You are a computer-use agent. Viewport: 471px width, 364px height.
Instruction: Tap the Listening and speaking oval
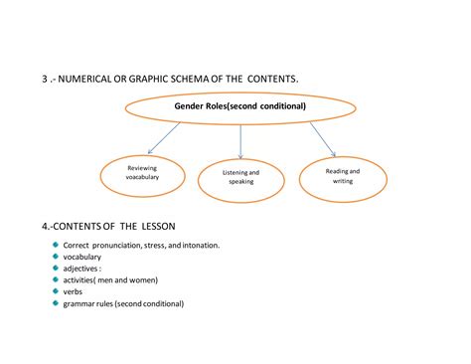[x=241, y=177]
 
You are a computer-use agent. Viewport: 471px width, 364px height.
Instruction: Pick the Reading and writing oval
[x=343, y=176]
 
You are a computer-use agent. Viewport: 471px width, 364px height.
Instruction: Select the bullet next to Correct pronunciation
[x=56, y=244]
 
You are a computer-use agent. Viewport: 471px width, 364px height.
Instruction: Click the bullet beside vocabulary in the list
[x=56, y=256]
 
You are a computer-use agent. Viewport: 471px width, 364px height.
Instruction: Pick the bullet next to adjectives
[x=56, y=268]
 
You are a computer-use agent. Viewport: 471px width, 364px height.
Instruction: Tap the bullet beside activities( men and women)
[x=56, y=279]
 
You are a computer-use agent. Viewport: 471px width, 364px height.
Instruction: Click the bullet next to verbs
[x=56, y=291]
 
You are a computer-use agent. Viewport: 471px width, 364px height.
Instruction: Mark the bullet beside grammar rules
[x=56, y=303]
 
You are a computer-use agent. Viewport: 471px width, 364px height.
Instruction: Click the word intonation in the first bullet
[x=197, y=245]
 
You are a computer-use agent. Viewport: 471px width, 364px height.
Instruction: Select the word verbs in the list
[x=74, y=292]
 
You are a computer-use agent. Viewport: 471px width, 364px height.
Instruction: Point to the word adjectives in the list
[x=81, y=269]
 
